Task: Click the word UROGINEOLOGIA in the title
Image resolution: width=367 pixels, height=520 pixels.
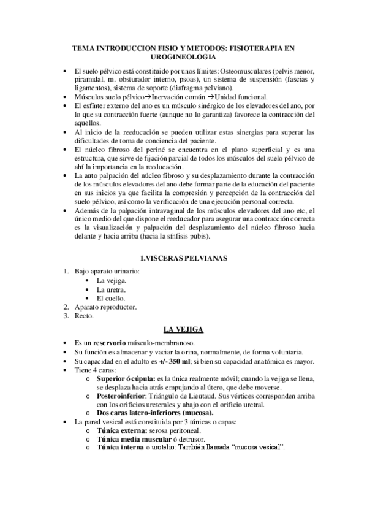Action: pyautogui.click(x=183, y=56)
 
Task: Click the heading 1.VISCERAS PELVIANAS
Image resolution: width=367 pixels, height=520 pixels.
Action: pyautogui.click(x=183, y=258)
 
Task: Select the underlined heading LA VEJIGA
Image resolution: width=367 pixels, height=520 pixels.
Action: pyautogui.click(x=183, y=330)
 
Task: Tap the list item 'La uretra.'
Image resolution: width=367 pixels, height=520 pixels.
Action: pyautogui.click(x=112, y=289)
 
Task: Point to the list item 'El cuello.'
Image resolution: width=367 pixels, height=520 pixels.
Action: pyautogui.click(x=111, y=298)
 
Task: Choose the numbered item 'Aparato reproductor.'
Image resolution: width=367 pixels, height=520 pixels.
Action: pyautogui.click(x=106, y=307)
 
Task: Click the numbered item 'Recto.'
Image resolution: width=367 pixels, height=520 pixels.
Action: pyautogui.click(x=85, y=316)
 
